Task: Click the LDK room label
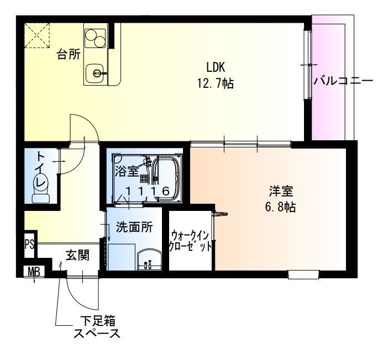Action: (216, 67)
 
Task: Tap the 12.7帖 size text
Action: (215, 84)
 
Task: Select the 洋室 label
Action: (280, 192)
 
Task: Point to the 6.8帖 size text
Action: (280, 208)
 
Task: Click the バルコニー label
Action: (343, 81)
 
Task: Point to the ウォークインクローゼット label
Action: (191, 241)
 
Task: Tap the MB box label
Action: (34, 272)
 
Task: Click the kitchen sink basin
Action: (97, 71)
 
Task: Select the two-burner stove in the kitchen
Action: (95, 39)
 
